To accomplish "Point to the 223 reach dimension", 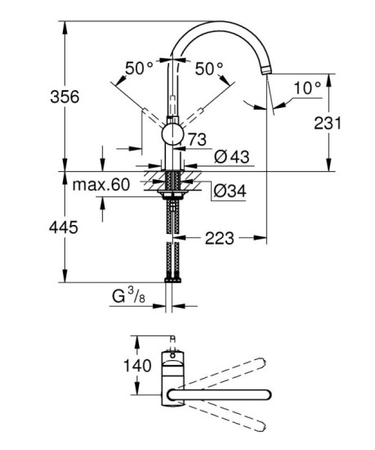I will pyautogui.click(x=220, y=238).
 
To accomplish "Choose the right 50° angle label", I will pyautogui.click(x=210, y=70).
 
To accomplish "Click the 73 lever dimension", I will pyautogui.click(x=196, y=140).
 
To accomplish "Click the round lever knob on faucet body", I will pyautogui.click(x=172, y=134).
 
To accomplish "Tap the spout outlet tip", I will pyautogui.click(x=266, y=76).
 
